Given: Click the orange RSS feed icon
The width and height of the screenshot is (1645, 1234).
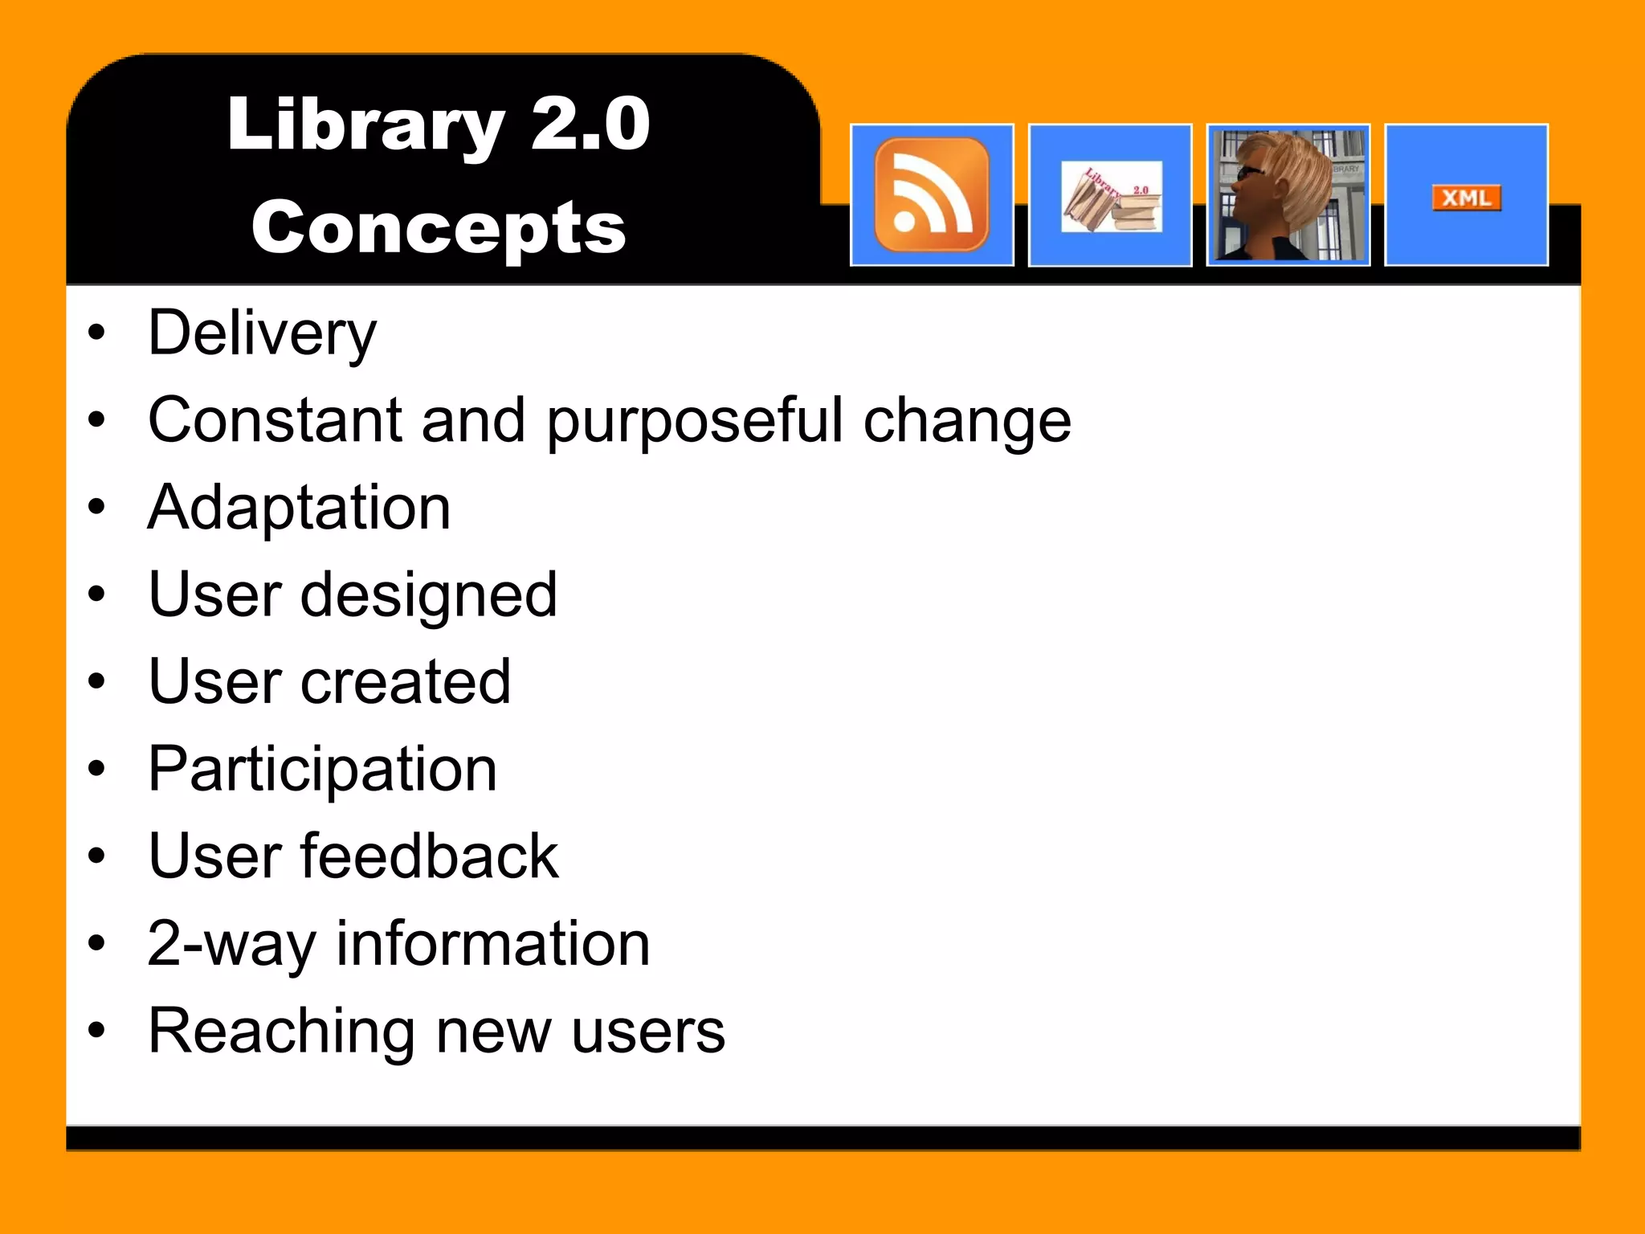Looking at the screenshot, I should (932, 194).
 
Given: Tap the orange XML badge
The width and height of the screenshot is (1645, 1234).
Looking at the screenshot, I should (1466, 198).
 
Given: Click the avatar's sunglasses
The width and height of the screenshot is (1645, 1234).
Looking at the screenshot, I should (1251, 173).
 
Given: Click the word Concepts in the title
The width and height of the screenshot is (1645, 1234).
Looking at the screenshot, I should (439, 228).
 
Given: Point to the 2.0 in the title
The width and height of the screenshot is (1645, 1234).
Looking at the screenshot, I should (590, 124).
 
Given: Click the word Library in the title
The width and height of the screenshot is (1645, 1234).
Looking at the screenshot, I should (365, 125).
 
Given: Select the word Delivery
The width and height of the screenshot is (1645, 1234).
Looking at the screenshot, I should (262, 333).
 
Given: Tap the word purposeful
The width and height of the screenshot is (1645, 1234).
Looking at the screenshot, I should (695, 422).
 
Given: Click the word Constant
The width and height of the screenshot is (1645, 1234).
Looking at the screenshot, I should (276, 420).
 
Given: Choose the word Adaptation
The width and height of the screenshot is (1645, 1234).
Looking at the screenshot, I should (299, 508).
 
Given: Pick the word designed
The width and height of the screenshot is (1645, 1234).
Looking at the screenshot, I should (429, 596).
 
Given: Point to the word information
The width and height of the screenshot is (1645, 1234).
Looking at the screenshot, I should (492, 943).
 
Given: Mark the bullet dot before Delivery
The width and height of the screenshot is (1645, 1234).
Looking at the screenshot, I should (97, 333).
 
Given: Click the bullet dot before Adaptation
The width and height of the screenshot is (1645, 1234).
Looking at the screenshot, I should (97, 507).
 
